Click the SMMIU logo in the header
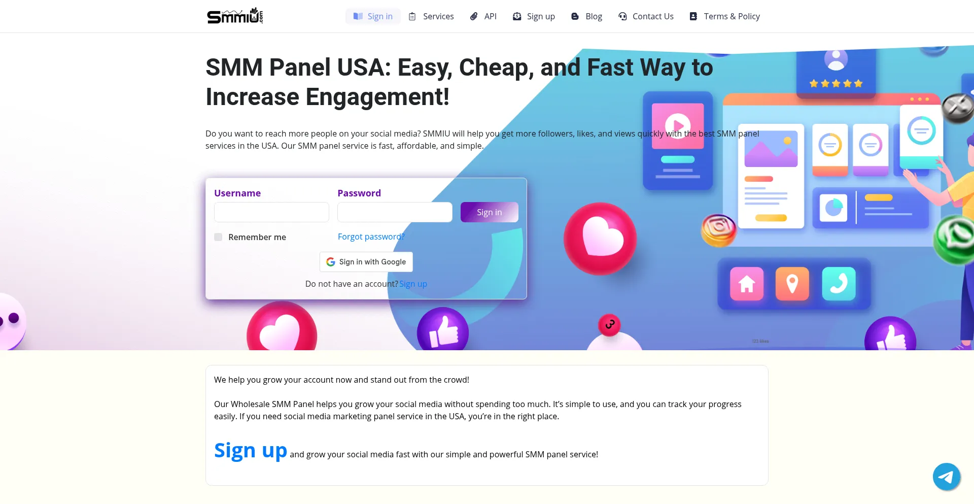(235, 16)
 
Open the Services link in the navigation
(431, 16)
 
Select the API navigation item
(483, 16)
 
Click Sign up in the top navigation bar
(534, 16)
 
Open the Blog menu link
(586, 16)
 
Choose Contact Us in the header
(646, 16)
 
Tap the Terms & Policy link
(724, 16)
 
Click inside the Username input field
(271, 212)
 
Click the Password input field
(395, 212)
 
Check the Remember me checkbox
(218, 237)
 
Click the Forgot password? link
(371, 237)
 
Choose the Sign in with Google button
(366, 262)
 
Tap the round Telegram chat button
(946, 477)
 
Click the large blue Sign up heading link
(251, 450)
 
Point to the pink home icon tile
(747, 284)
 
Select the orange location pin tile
(792, 284)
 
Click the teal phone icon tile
(839, 284)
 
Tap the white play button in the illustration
(678, 125)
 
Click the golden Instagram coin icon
(718, 230)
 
